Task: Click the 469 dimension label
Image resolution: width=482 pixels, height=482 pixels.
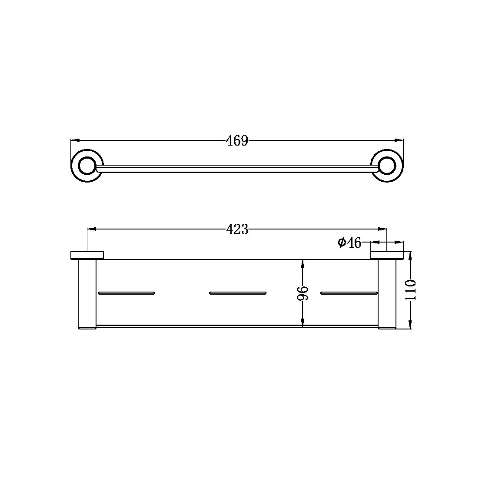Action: coord(237,141)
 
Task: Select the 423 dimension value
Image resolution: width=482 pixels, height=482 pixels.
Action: coord(237,229)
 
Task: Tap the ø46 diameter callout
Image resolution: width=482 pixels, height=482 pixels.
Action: coord(350,243)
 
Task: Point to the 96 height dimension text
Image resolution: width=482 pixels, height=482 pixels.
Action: coord(303,293)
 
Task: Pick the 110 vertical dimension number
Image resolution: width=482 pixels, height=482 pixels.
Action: coord(411,290)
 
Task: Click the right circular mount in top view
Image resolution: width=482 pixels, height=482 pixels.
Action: coord(387,166)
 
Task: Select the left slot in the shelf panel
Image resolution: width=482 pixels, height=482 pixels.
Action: coord(126,293)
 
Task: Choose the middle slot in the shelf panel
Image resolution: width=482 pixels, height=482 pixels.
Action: coord(237,293)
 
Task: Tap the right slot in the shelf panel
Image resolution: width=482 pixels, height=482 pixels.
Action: coord(349,293)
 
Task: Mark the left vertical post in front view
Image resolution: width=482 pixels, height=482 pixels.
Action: coord(87,294)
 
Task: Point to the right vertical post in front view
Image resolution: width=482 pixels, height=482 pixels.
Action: coord(387,294)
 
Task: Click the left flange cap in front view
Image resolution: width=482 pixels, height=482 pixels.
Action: coord(87,255)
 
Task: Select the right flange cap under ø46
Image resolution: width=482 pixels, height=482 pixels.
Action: coord(387,255)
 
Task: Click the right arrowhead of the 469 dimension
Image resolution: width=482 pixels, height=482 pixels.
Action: coord(399,140)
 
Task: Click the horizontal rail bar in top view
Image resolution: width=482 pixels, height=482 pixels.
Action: coord(237,169)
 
